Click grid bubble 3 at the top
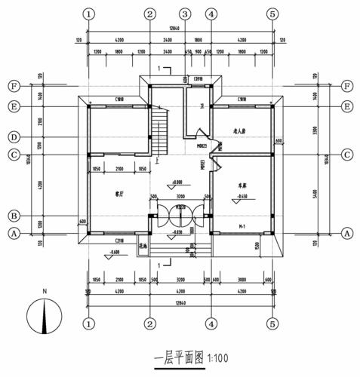pos(183,14)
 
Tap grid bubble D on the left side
pos(14,136)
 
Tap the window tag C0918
pos(198,79)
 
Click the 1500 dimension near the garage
pos(278,245)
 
